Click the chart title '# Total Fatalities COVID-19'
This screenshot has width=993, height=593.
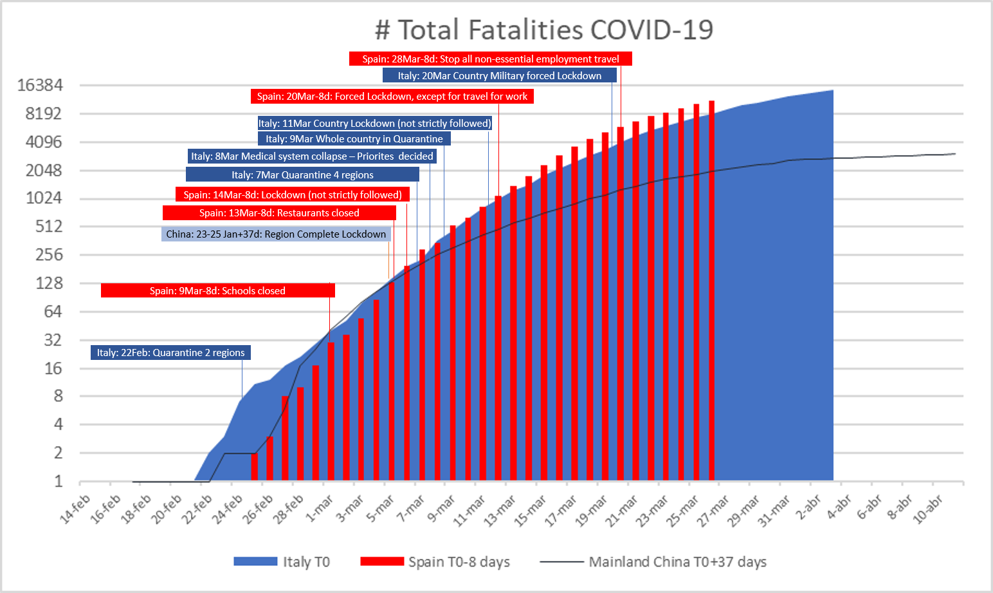point(544,30)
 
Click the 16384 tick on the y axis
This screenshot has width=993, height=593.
point(40,86)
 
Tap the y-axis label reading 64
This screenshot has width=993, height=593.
point(53,312)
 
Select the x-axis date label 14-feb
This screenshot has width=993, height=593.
point(75,509)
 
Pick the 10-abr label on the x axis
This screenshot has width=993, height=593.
point(927,509)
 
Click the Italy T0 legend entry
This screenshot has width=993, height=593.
point(282,562)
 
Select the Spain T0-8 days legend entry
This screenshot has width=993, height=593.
point(435,562)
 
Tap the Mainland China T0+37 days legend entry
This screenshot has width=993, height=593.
point(653,562)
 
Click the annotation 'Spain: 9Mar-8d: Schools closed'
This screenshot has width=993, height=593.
point(217,291)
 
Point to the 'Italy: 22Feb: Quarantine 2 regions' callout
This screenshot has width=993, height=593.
point(170,353)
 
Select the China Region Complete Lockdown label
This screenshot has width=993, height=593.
point(276,234)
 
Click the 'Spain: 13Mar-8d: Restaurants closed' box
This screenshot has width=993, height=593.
point(279,213)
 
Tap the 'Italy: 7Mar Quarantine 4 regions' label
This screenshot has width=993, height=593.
point(302,175)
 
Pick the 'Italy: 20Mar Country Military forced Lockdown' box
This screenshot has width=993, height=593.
point(499,76)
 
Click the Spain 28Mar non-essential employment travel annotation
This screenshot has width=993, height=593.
point(490,59)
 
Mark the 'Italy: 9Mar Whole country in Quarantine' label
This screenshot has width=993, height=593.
point(354,139)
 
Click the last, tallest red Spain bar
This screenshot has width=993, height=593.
point(711,290)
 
